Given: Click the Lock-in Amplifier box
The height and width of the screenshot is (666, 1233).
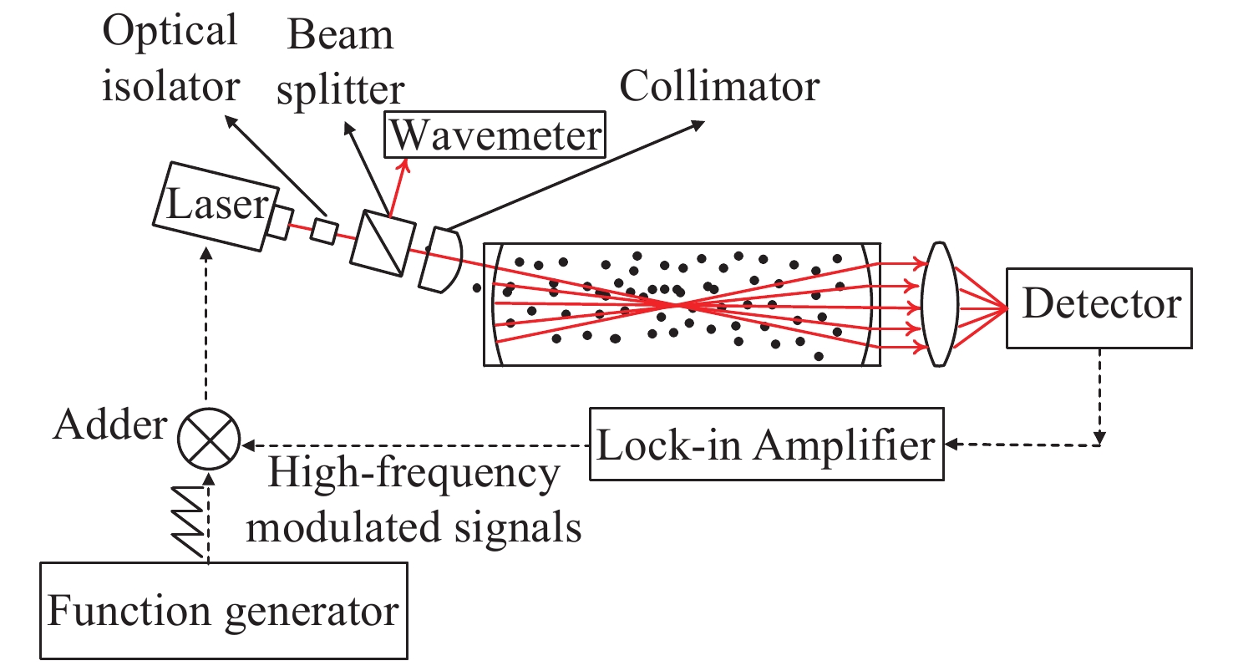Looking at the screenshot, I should pyautogui.click(x=767, y=444).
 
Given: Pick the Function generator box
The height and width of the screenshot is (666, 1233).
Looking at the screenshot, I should pyautogui.click(x=223, y=612).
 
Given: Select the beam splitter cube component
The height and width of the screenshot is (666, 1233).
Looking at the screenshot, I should pyautogui.click(x=383, y=238).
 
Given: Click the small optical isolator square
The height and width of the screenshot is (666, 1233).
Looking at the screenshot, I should pyautogui.click(x=324, y=231).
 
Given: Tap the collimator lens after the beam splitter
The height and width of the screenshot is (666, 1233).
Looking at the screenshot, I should pyautogui.click(x=440, y=258).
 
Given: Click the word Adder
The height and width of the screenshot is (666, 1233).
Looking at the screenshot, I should pyautogui.click(x=109, y=427).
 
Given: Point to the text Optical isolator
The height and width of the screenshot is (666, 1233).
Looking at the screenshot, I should pyautogui.click(x=170, y=58).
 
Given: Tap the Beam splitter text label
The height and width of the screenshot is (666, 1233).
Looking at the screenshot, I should pyautogui.click(x=340, y=63).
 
